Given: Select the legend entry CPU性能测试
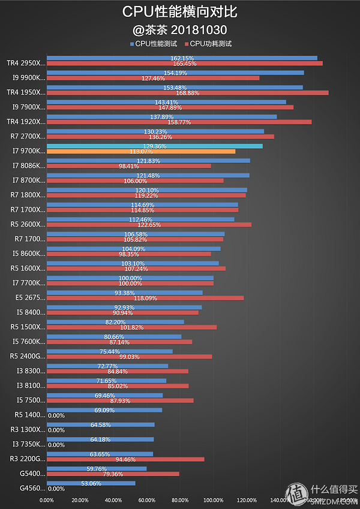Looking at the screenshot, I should (x=155, y=44).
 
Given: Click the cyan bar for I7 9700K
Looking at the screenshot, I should (x=154, y=146).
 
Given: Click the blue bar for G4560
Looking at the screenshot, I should (x=91, y=483).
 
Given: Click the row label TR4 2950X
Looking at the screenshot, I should (x=25, y=63).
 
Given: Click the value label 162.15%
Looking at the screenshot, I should (x=182, y=58).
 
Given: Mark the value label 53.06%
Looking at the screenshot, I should (x=91, y=483).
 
